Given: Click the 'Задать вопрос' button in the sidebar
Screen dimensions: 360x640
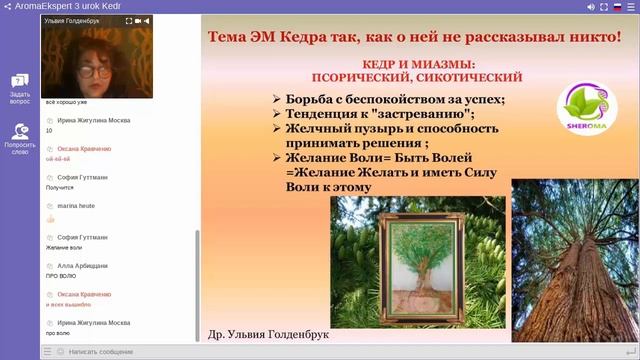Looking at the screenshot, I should point(20,87).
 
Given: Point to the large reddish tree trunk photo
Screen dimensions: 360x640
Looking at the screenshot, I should point(574,262).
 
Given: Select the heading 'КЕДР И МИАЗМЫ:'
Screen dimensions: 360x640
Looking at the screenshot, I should point(419,62).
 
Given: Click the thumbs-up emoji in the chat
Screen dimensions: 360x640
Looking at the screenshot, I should point(51,218).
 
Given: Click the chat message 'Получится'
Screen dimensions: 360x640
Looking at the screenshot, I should point(61,187).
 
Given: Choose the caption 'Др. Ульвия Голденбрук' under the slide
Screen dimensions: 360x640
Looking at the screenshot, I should point(265,334).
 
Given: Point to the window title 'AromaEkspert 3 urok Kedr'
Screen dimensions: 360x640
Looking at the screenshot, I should point(59,6).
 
